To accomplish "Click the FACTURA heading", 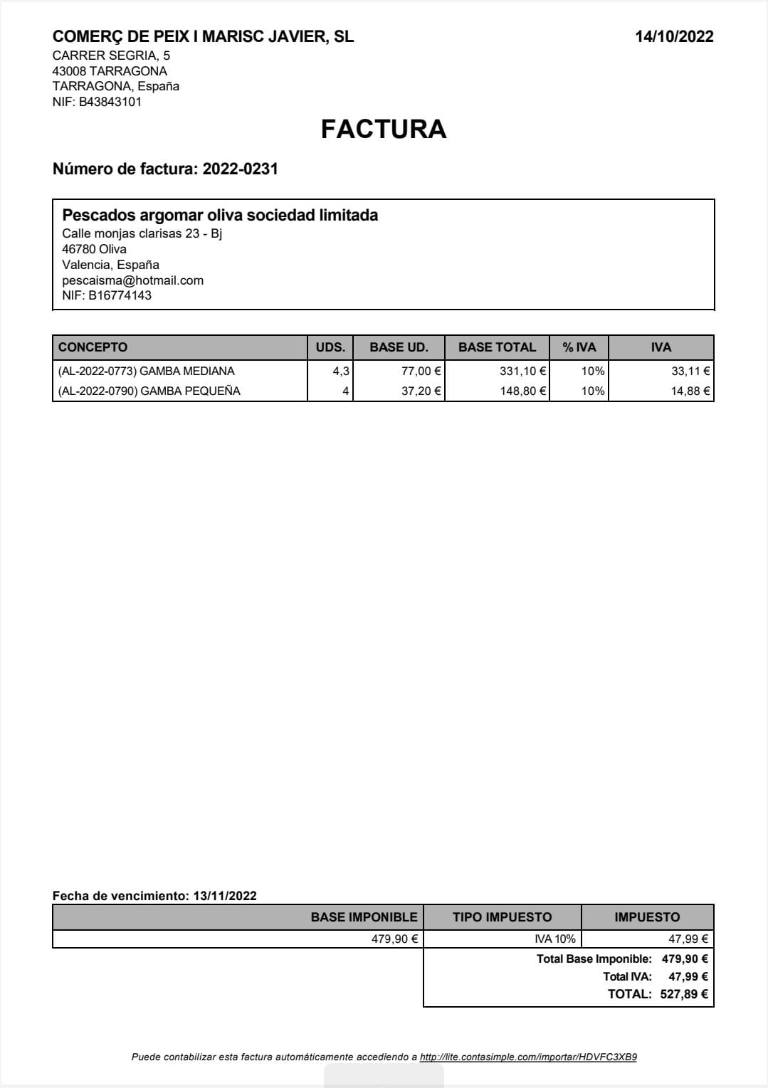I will click(384, 129).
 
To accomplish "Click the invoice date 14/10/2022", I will click(674, 37).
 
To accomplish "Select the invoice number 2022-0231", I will click(240, 169).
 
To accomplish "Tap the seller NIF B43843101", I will click(110, 102).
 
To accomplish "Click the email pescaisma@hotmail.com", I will click(132, 280).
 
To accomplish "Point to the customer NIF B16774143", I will click(120, 295).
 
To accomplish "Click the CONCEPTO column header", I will click(93, 347).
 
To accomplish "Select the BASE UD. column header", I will click(399, 347).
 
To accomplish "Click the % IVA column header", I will click(579, 347).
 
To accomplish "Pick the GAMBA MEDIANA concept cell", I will click(146, 371).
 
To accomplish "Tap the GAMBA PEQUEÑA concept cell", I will click(149, 391).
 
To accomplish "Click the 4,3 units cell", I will click(341, 371).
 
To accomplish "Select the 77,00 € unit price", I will click(421, 371).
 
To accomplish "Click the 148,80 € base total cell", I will click(522, 391).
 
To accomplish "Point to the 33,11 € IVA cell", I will click(690, 371).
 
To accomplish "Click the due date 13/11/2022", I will click(225, 896).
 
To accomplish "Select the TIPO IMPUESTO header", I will click(502, 917).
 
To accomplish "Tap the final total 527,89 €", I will click(683, 994).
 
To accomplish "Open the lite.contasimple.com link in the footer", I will click(528, 1057).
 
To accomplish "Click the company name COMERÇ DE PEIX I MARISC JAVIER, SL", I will click(203, 37).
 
